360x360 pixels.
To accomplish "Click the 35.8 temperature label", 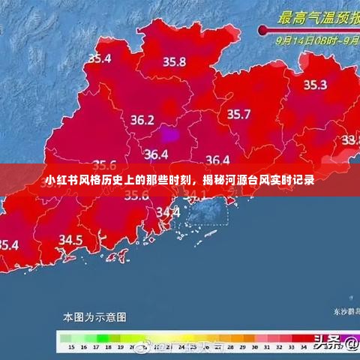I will pyautogui.click(x=174, y=62).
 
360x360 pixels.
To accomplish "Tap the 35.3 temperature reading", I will pyautogui.click(x=314, y=85).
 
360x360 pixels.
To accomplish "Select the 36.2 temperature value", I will pyautogui.click(x=142, y=120).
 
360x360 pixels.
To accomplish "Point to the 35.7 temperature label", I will pyautogui.click(x=238, y=114).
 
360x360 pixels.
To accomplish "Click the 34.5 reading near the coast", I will pyautogui.click(x=70, y=240).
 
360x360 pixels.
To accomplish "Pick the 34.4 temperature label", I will pyautogui.click(x=168, y=212).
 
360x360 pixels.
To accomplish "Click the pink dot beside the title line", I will pyautogui.click(x=262, y=30).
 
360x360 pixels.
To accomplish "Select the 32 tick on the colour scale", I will pyautogui.click(x=287, y=347).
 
